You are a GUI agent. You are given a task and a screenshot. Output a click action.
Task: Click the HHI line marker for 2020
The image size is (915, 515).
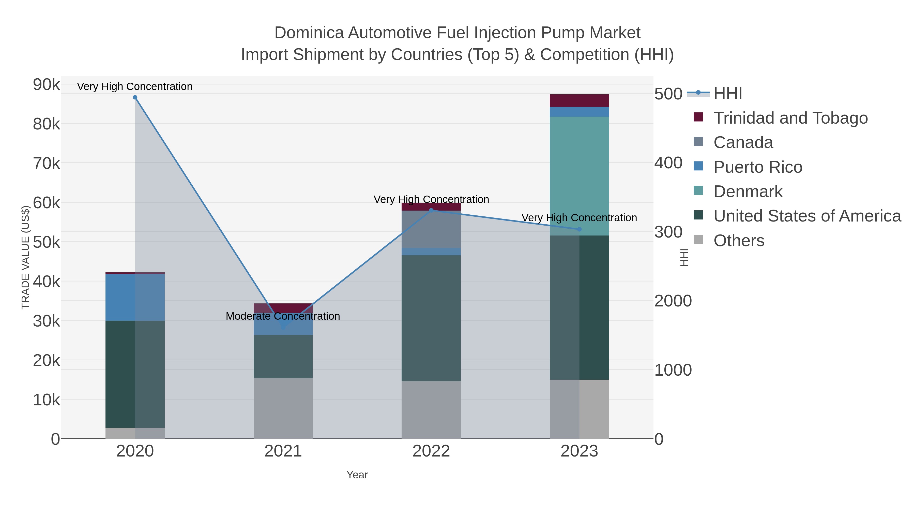click(135, 97)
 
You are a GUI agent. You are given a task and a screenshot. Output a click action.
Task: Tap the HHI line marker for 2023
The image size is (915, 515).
click(579, 229)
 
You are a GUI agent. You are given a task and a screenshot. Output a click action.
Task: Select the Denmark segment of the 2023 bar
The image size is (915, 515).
click(579, 176)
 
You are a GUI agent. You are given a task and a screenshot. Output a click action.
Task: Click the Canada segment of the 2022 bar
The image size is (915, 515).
click(431, 229)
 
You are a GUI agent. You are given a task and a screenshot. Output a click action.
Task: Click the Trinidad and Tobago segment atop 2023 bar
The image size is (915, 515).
click(579, 100)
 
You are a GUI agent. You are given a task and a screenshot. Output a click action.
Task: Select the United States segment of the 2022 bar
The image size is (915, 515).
click(431, 318)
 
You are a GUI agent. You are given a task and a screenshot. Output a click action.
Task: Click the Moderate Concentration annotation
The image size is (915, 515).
click(283, 316)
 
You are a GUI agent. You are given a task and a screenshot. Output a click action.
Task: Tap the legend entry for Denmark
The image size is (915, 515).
click(748, 192)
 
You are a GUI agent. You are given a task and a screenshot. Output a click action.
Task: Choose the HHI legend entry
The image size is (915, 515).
click(727, 94)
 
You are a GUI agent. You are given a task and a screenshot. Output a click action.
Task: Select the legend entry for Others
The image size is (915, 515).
click(739, 241)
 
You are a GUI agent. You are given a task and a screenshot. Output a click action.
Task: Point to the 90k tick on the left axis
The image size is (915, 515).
click(46, 85)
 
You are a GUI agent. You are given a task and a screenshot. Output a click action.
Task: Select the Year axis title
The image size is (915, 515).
click(357, 475)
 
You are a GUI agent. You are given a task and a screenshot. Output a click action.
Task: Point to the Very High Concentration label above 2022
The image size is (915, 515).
click(431, 199)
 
